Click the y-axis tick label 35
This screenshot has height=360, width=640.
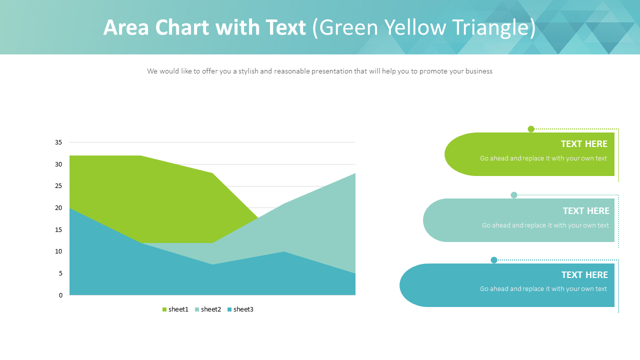click(x=58, y=142)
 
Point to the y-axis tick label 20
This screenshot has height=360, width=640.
click(x=58, y=208)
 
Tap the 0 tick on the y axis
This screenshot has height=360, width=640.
click(x=60, y=295)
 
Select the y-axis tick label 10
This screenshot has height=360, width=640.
click(x=58, y=251)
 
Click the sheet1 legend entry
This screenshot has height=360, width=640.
click(x=175, y=309)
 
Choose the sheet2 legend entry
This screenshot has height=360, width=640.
click(x=208, y=309)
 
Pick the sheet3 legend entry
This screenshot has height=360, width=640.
click(x=240, y=309)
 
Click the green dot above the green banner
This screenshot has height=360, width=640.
click(x=531, y=129)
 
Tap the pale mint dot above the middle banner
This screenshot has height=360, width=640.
click(x=514, y=195)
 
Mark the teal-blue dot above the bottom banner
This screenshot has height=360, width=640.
click(x=494, y=260)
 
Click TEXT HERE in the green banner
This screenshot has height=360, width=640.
click(x=584, y=144)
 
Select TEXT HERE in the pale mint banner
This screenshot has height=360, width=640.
click(x=586, y=211)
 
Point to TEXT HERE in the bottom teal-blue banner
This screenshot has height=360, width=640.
click(x=584, y=275)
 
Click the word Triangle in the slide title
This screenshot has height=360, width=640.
click(x=491, y=28)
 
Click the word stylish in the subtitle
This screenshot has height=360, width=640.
click(x=248, y=71)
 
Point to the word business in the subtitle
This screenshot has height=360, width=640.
click(x=478, y=71)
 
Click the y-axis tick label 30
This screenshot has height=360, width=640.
click(x=58, y=164)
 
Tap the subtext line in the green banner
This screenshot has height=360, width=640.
click(x=543, y=158)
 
